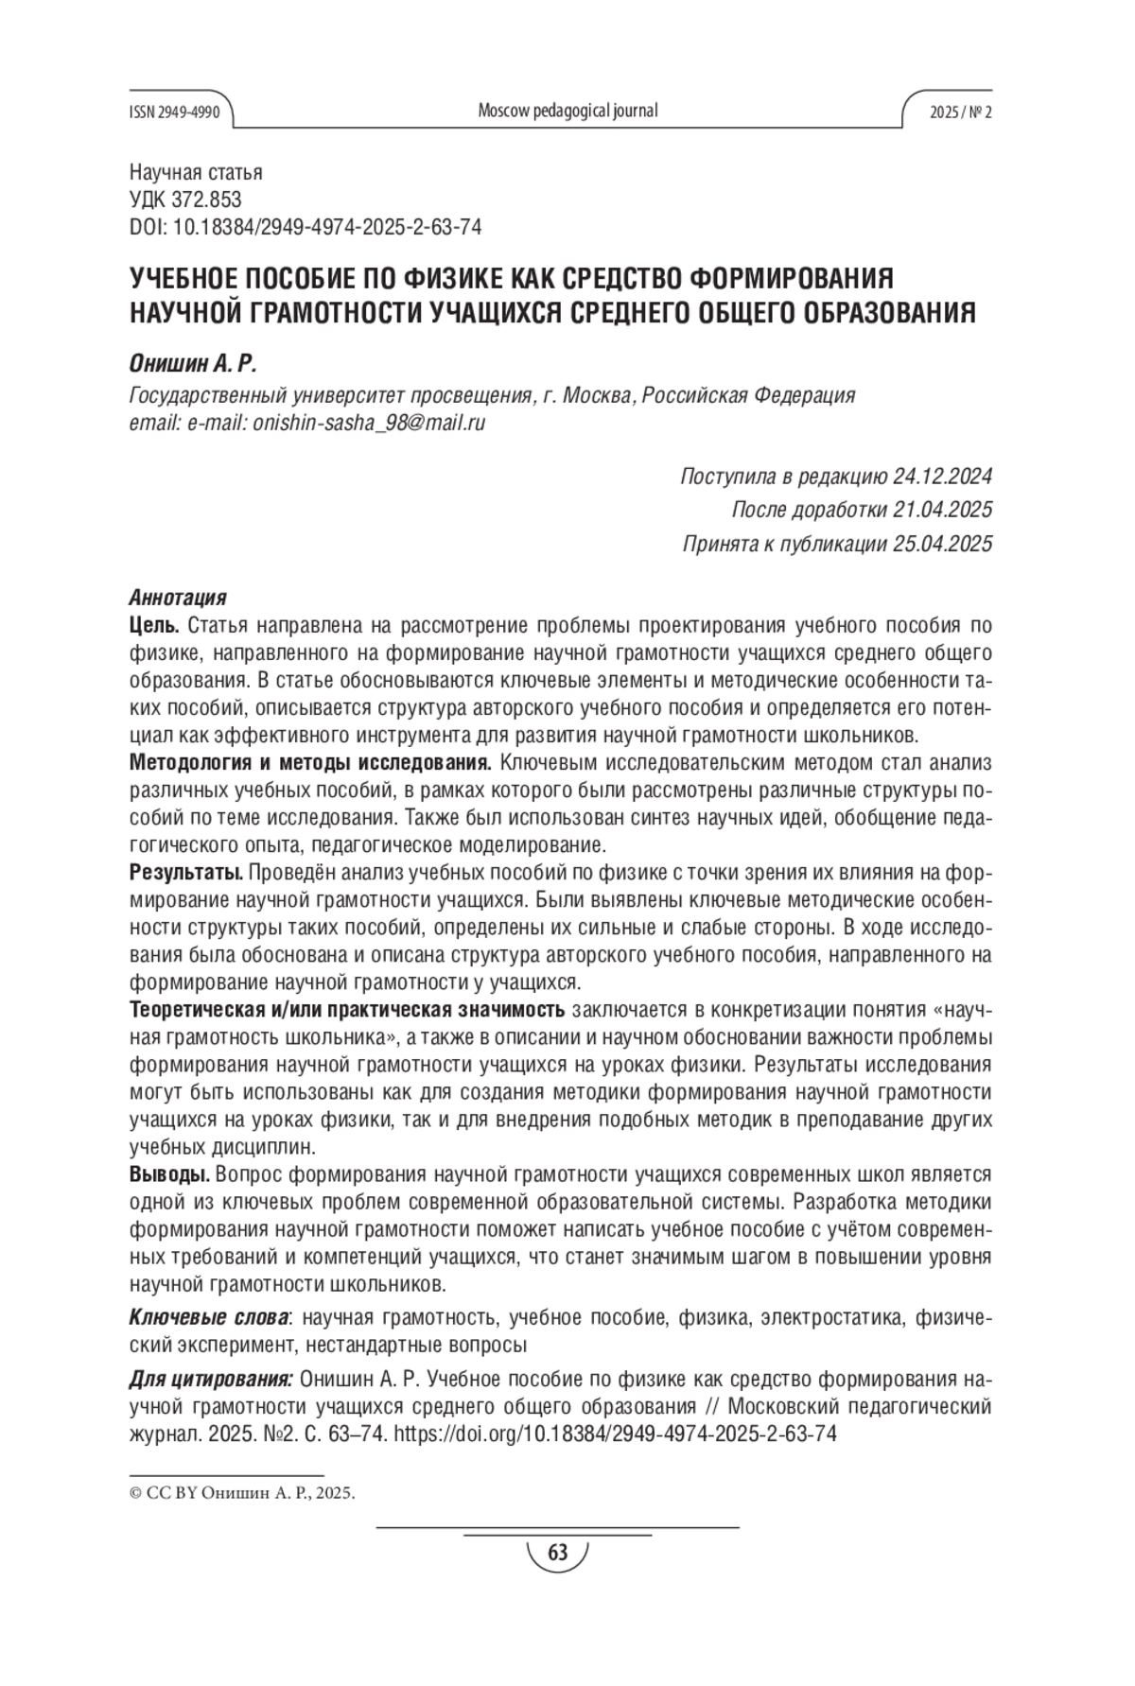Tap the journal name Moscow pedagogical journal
pos(567,111)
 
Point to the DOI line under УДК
pos(305,227)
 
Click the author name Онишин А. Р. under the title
pos(193,365)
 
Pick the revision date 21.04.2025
pos(942,510)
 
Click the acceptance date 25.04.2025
pos(942,544)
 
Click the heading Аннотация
pos(177,599)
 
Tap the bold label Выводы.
pos(169,1175)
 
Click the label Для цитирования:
pos(211,1379)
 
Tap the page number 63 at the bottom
pos(558,1554)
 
